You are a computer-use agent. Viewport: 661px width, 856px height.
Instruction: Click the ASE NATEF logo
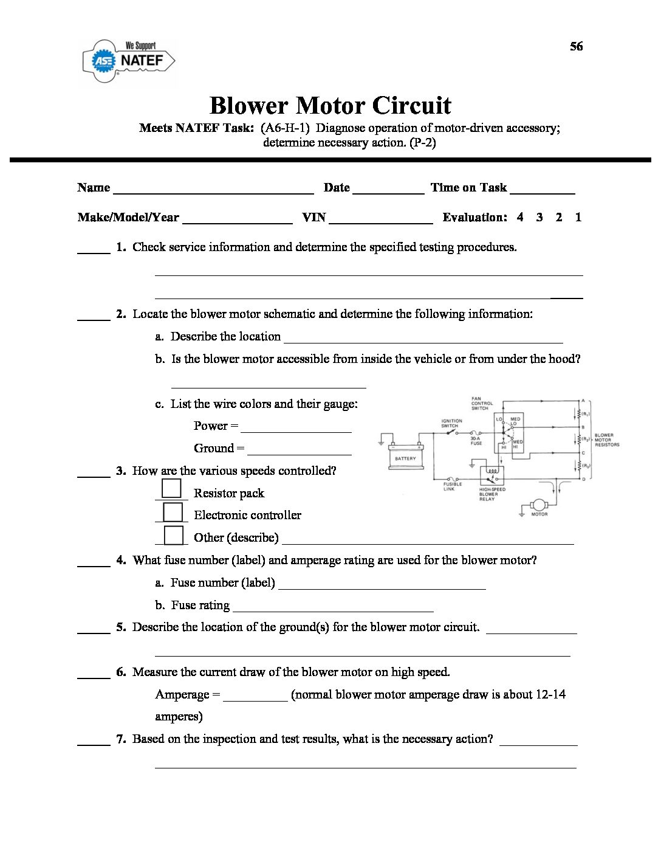coord(129,60)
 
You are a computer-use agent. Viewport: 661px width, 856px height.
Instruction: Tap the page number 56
coord(576,47)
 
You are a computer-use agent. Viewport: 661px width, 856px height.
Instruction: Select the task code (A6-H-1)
coord(286,128)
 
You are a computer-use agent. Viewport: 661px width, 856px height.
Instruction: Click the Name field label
coord(94,188)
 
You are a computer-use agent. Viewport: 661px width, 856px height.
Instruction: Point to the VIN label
coord(314,218)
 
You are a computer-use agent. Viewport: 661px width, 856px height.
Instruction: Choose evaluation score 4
coord(520,218)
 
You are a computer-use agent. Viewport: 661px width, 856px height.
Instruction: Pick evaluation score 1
coord(578,218)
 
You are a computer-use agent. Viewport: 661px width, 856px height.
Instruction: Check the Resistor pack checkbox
coord(172,489)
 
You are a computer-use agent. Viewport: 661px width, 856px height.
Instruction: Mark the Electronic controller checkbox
coord(173,512)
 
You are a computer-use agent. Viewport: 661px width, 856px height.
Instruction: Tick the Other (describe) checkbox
coord(173,535)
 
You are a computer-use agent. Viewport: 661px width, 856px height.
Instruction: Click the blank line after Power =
coord(296,427)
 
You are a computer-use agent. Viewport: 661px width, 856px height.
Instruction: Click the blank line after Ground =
coord(300,449)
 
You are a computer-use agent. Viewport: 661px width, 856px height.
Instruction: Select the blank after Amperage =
coord(255,695)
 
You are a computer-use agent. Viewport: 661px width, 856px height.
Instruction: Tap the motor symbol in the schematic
coord(539,505)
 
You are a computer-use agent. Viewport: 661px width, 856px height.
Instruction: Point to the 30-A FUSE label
coord(476,441)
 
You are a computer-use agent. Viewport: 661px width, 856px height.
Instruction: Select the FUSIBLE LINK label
coord(453,486)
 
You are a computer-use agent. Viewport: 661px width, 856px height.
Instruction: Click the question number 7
coord(121,739)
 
